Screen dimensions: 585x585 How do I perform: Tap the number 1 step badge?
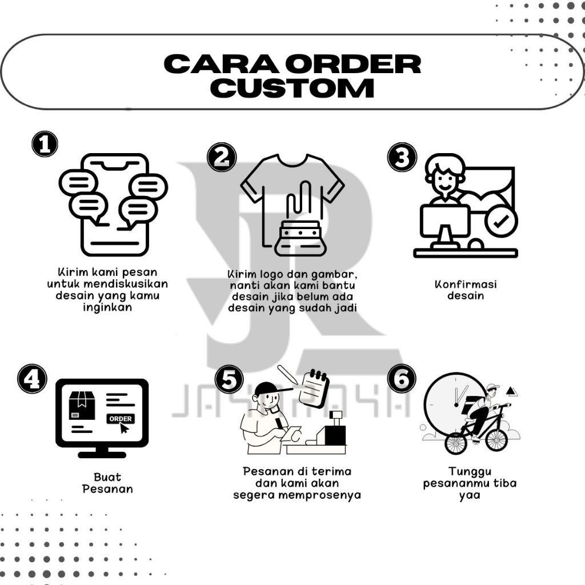tap(45, 144)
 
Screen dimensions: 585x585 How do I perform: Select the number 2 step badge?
tap(222, 157)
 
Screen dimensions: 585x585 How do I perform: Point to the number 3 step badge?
tap(402, 157)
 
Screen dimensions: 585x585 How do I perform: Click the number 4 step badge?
tap(32, 379)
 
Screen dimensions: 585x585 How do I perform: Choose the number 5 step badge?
tap(229, 380)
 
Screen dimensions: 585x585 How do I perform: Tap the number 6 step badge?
tap(402, 379)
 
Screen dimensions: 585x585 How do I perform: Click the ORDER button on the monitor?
tap(120, 419)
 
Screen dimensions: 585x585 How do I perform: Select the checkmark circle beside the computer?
tap(501, 222)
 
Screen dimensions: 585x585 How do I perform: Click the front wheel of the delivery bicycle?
tap(495, 439)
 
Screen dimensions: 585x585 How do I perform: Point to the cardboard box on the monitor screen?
tap(82, 405)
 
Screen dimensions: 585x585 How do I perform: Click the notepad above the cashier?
tap(315, 388)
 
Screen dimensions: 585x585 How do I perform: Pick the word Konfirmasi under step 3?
tap(466, 284)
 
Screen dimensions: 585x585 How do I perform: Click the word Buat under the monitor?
tap(107, 477)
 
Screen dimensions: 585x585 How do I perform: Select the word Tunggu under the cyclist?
tap(470, 472)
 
